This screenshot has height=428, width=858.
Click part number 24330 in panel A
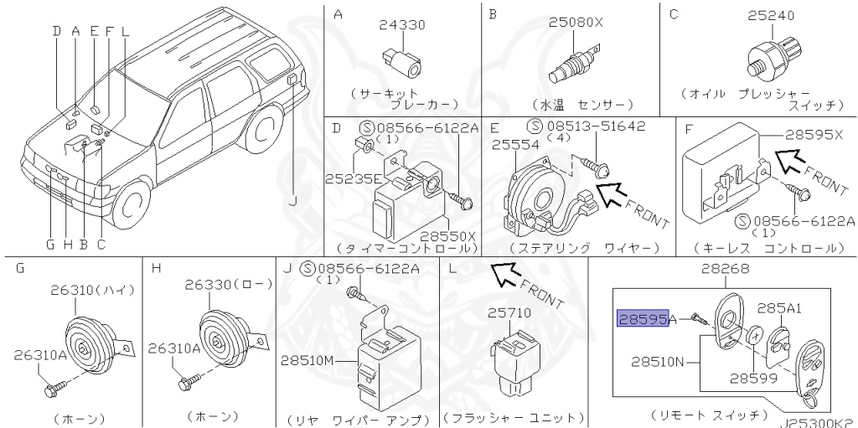tap(401, 25)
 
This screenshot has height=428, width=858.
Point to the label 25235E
tap(354, 178)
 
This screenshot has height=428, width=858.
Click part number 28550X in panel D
tap(448, 236)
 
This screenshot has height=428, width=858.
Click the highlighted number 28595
tap(643, 318)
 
